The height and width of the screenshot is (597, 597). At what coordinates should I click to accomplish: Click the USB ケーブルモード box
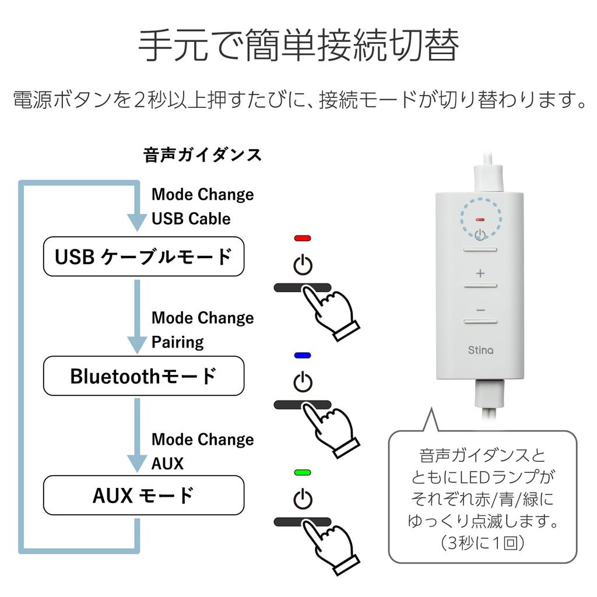143,257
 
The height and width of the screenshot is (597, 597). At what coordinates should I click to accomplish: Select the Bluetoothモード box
143,376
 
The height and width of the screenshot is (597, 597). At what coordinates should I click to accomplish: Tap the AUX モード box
143,496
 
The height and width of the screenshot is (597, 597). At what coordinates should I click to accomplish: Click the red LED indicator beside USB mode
303,238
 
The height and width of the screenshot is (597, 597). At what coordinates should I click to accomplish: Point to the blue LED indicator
303,355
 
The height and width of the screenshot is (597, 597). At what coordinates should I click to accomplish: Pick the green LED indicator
303,472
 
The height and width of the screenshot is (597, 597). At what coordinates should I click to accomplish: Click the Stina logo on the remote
480,350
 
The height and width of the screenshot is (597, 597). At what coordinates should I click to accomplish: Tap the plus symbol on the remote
480,273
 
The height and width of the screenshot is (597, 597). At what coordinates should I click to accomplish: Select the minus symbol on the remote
480,310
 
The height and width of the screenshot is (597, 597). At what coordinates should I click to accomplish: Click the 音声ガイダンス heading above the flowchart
202,155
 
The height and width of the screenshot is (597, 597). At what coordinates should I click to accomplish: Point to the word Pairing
177,342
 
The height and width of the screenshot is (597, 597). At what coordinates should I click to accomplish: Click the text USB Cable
191,219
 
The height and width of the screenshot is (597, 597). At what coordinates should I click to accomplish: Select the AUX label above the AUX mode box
167,463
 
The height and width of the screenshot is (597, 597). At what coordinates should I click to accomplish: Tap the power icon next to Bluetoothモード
303,382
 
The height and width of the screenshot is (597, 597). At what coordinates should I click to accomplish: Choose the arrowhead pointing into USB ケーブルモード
138,222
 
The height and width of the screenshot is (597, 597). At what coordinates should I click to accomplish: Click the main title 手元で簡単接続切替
298,45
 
